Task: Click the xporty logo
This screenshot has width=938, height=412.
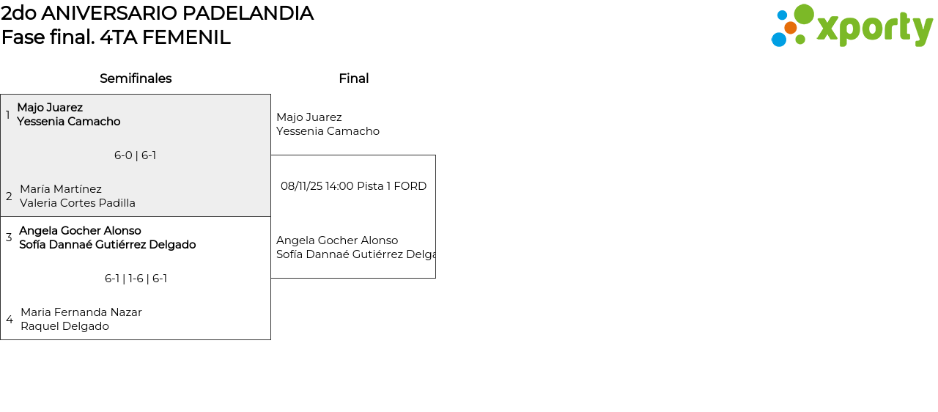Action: (x=852, y=26)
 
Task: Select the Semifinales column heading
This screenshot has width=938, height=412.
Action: (x=136, y=78)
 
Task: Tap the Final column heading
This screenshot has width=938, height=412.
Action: (x=353, y=78)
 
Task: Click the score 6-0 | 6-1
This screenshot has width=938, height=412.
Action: (x=136, y=155)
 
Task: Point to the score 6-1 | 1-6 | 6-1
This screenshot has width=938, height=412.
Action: (x=136, y=279)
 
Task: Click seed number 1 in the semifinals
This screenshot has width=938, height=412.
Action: (x=8, y=115)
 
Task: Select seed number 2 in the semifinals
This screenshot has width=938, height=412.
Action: (x=9, y=196)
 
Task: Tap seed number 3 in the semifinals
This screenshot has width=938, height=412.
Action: (x=9, y=238)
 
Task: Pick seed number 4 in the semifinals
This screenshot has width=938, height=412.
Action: (x=10, y=320)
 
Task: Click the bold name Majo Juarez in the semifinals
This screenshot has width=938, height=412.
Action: (x=50, y=108)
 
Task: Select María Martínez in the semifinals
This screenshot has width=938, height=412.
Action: (x=61, y=189)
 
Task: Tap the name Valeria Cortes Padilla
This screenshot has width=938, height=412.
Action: (x=78, y=203)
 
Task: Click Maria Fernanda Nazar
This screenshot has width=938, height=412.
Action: (x=81, y=312)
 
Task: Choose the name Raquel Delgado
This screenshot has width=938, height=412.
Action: (x=64, y=326)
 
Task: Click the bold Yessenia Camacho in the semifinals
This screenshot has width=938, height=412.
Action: (x=69, y=122)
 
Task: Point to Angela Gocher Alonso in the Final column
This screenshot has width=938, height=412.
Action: (x=337, y=240)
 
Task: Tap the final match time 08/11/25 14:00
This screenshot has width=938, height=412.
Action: (x=317, y=186)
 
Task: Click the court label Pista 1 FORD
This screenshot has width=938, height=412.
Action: (x=391, y=186)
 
